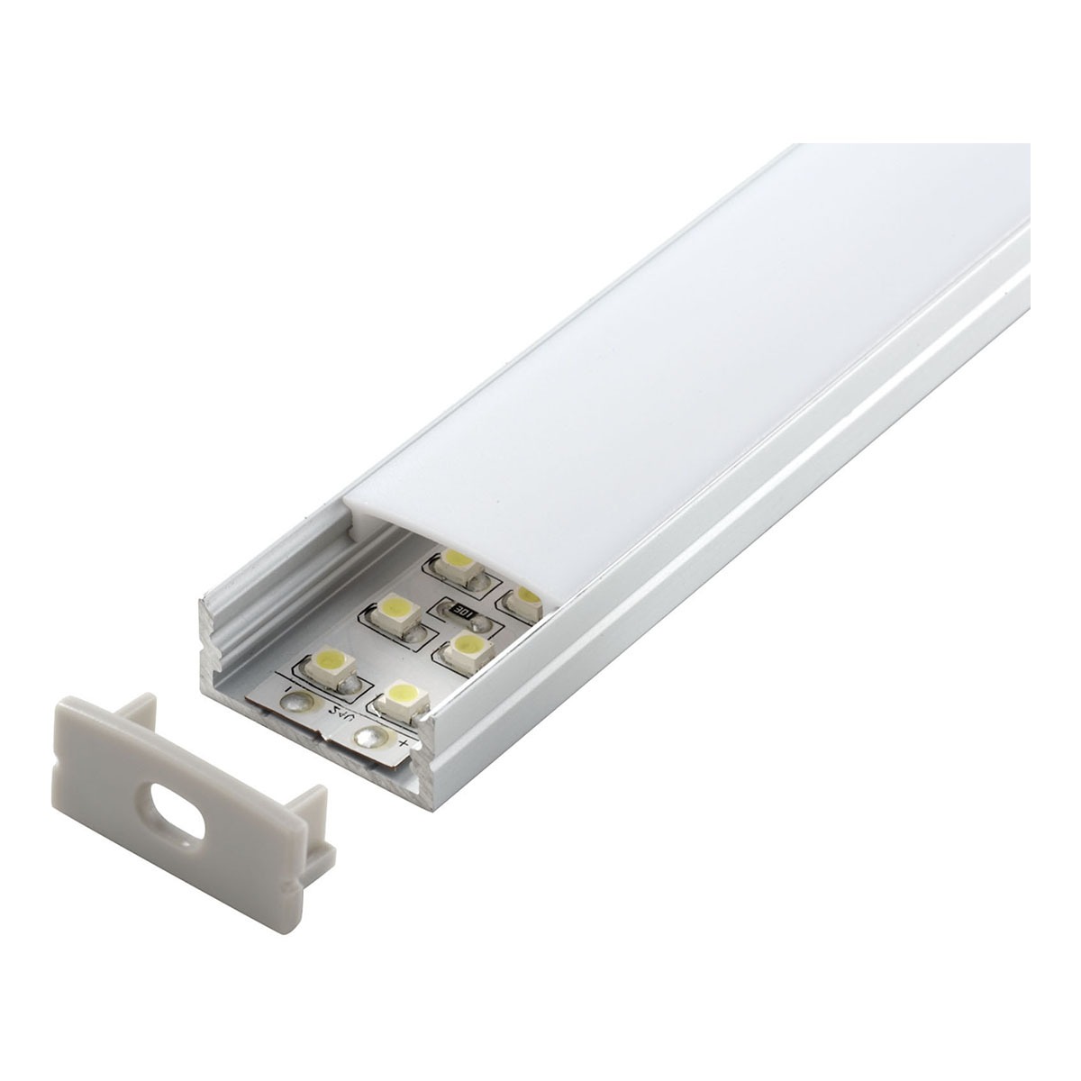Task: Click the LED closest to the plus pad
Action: (x=400, y=695)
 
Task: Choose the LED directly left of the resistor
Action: (x=394, y=613)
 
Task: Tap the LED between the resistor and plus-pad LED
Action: (x=466, y=645)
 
